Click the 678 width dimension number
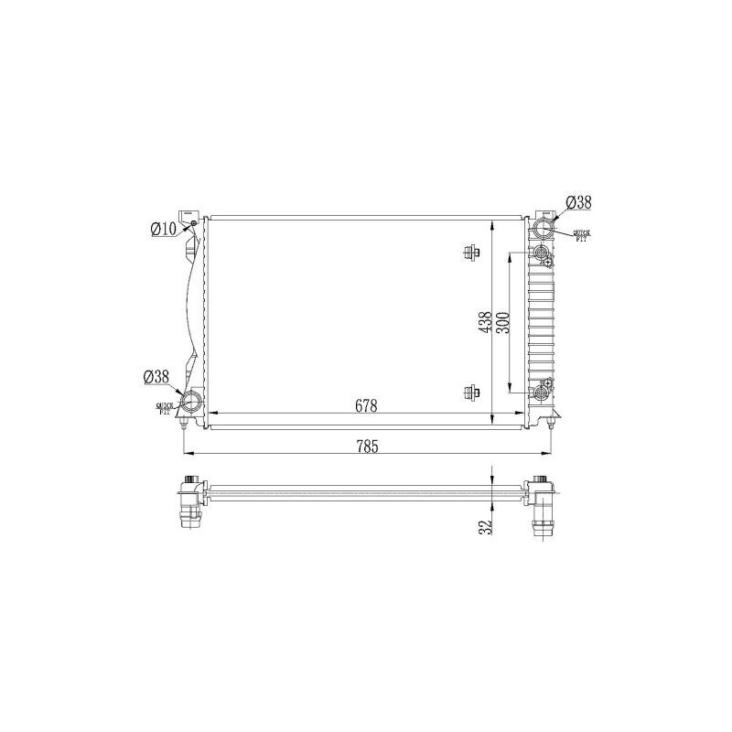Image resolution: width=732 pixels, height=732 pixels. point(365,405)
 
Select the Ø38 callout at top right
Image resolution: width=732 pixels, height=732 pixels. point(578,202)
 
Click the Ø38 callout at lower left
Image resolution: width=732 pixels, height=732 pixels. point(156,376)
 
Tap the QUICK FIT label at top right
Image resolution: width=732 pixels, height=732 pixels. point(582,236)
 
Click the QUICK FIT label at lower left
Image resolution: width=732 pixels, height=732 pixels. point(165,409)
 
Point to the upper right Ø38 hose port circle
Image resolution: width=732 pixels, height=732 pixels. point(544,229)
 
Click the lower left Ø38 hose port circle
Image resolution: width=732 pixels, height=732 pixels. point(194,402)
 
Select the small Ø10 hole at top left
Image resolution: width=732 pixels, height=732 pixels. point(193,222)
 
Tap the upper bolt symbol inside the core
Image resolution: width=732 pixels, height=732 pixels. point(471,253)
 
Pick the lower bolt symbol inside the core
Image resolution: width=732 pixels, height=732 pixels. point(471,393)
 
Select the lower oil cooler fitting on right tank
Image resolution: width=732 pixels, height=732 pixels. point(543,393)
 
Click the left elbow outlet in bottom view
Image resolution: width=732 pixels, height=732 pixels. point(190,508)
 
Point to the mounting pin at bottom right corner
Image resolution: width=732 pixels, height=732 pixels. point(551,422)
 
